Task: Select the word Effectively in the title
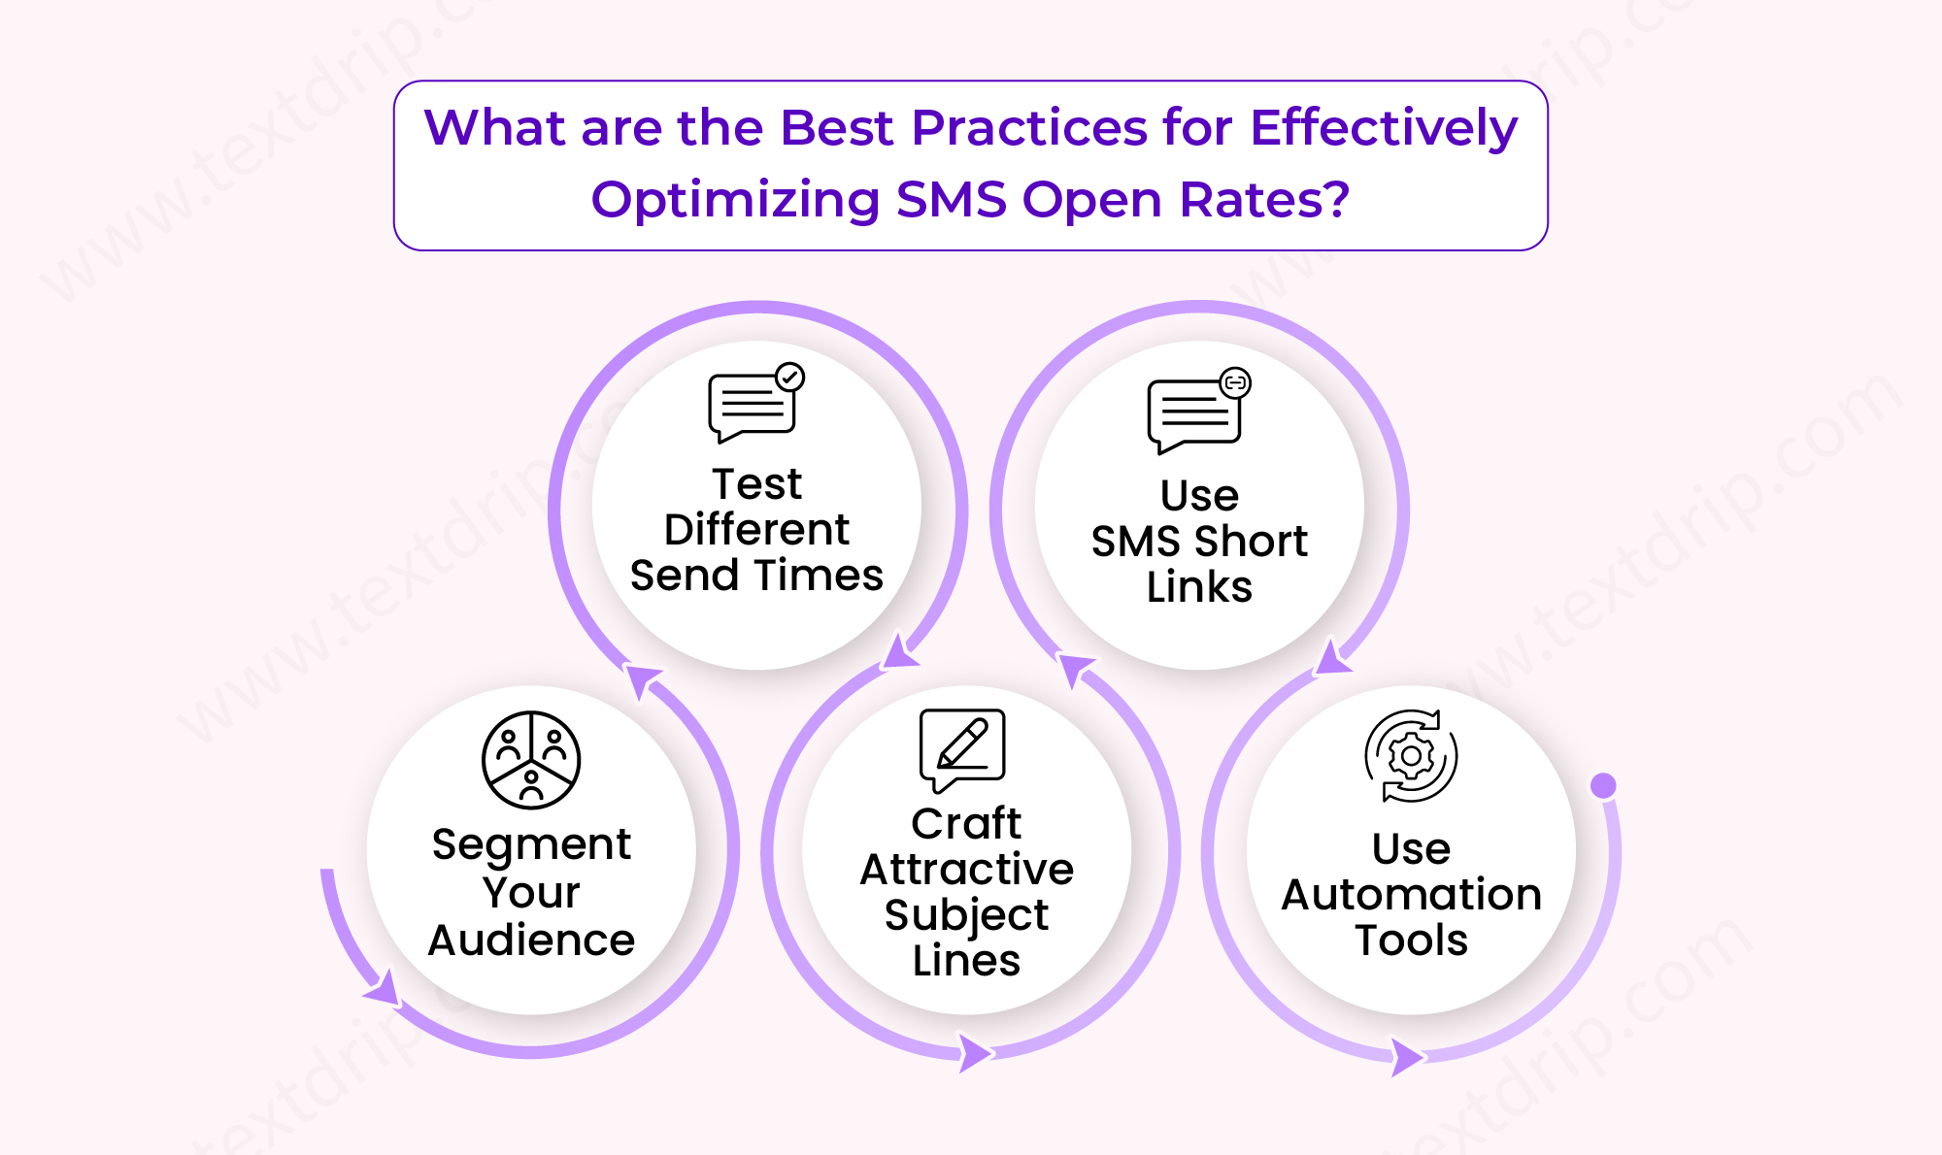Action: point(1384,127)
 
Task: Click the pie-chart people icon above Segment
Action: point(531,760)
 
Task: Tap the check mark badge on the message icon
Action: point(790,377)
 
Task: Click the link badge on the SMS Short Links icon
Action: point(1235,382)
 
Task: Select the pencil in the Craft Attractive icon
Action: point(963,742)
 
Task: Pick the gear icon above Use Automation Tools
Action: point(1411,756)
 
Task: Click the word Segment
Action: point(531,845)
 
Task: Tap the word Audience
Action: point(531,940)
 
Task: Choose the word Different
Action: point(756,530)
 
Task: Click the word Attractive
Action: point(966,869)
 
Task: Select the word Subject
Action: point(966,914)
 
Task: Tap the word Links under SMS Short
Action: point(1199,587)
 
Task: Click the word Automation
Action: point(1411,894)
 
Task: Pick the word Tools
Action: point(1411,940)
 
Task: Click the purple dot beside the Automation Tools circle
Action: point(1603,785)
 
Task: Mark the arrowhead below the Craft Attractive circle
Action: point(975,1053)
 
